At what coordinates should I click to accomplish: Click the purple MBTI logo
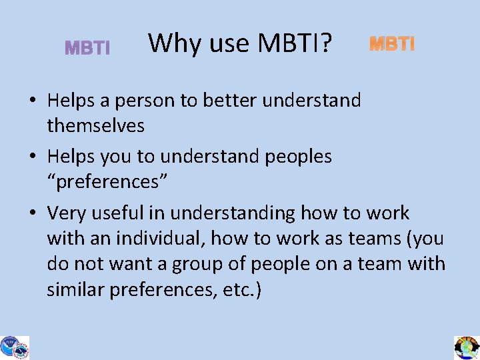tap(87, 48)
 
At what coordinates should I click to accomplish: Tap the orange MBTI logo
tap(392, 44)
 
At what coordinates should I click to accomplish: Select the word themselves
tap(96, 125)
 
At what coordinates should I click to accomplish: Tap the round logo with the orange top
tap(467, 346)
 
